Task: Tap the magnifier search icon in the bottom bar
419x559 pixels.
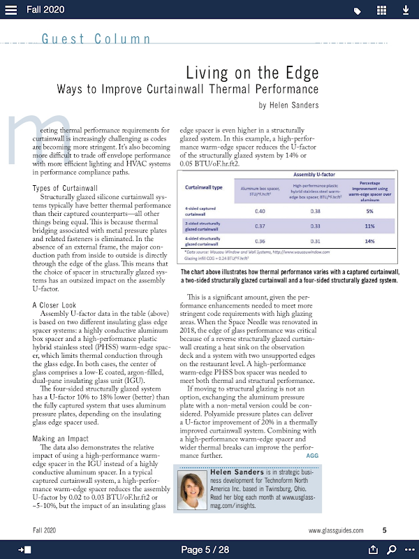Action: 392,549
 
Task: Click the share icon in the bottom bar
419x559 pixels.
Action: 373,549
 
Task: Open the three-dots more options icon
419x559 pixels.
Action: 409,549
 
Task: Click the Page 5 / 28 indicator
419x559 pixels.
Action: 205,550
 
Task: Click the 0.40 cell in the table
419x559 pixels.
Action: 259,211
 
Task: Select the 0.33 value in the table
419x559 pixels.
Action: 316,226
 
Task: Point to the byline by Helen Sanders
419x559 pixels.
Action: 288,106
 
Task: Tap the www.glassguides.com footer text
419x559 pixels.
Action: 336,530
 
